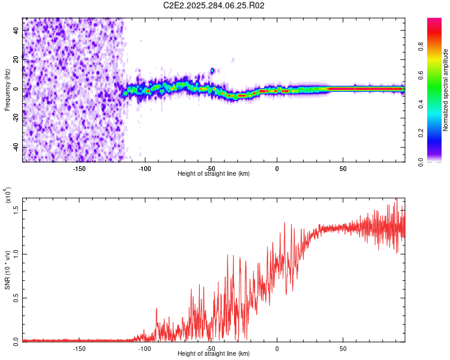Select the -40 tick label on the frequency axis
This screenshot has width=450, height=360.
click(x=16, y=147)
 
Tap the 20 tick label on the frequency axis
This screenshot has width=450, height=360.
click(x=16, y=59)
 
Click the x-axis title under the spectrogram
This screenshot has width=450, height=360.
click(x=214, y=173)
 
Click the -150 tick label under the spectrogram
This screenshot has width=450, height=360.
click(x=79, y=168)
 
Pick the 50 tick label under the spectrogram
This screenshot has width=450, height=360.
click(x=343, y=168)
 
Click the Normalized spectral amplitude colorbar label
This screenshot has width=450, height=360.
click(x=445, y=90)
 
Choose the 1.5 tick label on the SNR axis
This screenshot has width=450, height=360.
click(x=16, y=209)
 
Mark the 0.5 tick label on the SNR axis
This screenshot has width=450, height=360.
click(x=16, y=298)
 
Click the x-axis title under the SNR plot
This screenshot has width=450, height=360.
click(x=214, y=353)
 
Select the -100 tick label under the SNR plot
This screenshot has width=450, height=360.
click(x=145, y=348)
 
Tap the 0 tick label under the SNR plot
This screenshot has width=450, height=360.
click(x=277, y=348)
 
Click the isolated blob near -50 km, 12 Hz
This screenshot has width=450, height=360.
click(x=212, y=71)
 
